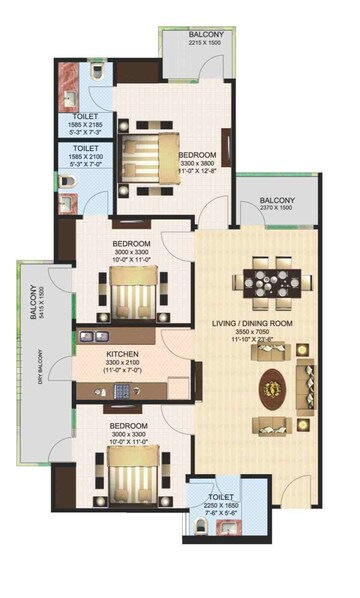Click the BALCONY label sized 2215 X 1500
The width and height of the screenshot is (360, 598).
tap(206, 34)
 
